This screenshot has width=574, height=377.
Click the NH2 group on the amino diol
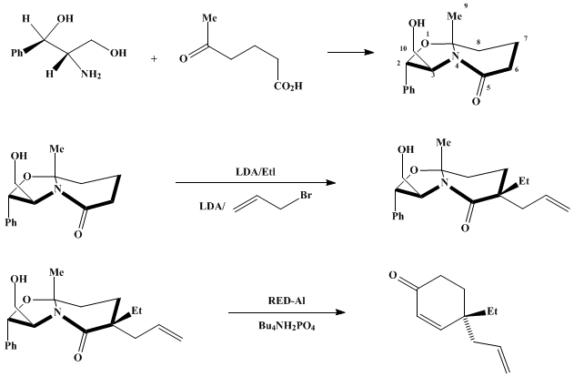click(x=91, y=75)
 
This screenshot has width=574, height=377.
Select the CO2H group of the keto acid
click(x=288, y=87)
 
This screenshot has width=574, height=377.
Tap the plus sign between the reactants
click(x=154, y=58)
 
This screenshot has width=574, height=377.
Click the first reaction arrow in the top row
click(x=351, y=53)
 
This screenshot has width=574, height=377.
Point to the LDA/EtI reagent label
click(x=256, y=172)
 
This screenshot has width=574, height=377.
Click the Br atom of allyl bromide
click(x=306, y=195)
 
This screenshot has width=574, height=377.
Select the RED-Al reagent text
click(x=287, y=301)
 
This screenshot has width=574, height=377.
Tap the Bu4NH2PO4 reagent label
click(x=287, y=326)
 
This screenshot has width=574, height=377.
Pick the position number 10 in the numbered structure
click(x=403, y=49)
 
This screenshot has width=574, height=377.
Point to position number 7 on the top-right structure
click(x=525, y=39)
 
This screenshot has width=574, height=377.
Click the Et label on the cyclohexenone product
click(x=492, y=311)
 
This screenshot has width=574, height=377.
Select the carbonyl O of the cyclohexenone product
click(x=393, y=275)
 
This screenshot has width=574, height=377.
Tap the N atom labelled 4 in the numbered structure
click(x=455, y=56)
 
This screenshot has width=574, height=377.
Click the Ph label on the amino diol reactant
click(x=17, y=53)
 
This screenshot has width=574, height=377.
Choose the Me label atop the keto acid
click(x=209, y=18)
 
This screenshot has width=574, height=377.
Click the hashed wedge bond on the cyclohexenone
click(x=468, y=330)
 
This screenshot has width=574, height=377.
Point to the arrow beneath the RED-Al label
click(x=287, y=312)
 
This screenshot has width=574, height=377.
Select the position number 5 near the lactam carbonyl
click(x=488, y=87)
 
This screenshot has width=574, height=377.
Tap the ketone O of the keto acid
click(x=184, y=58)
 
